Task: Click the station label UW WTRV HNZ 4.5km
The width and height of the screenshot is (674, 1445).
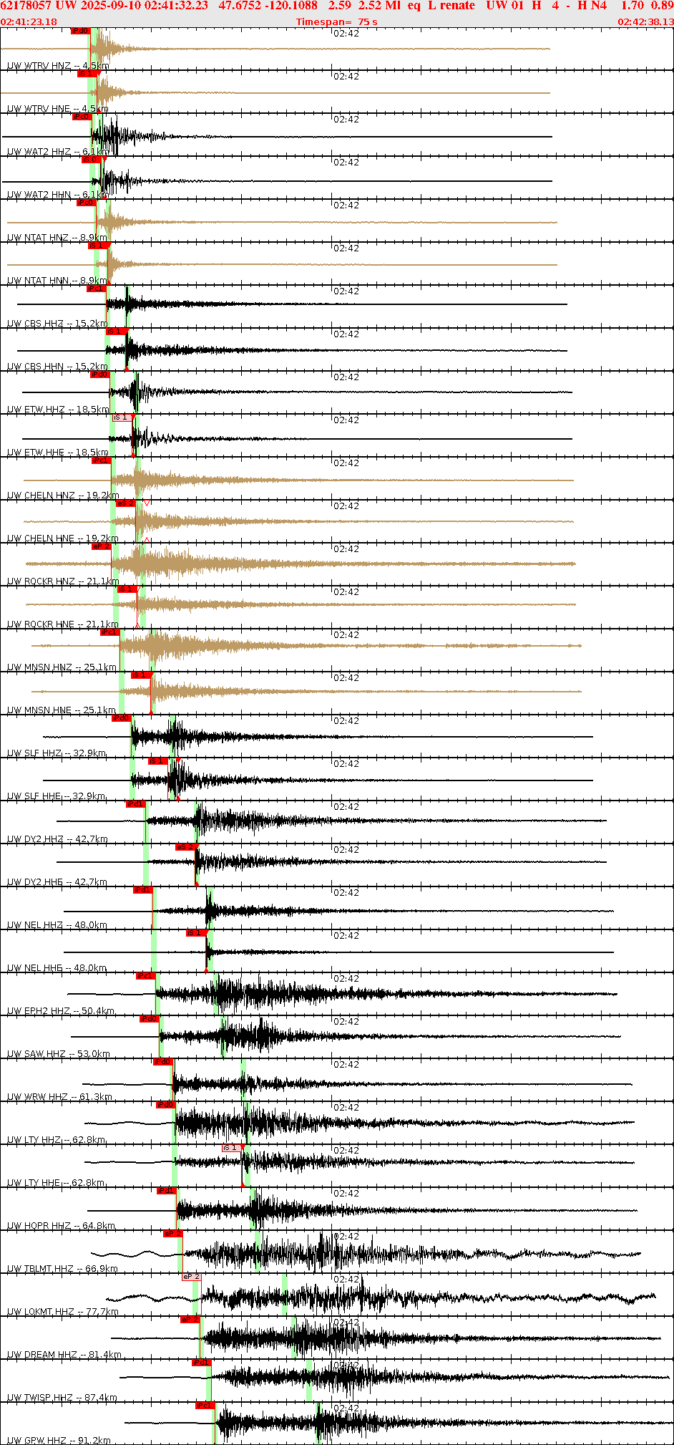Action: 58,66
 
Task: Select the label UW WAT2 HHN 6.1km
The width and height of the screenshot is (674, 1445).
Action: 58,195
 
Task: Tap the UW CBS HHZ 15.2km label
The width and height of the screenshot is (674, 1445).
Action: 57,324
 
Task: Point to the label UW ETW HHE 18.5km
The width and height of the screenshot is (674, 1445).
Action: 57,453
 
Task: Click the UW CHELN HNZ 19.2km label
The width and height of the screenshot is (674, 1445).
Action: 63,496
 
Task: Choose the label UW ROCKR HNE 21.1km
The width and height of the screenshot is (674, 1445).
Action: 63,624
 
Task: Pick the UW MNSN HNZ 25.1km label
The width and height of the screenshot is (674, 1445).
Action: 62,667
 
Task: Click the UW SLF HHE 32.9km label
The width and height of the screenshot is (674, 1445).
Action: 57,796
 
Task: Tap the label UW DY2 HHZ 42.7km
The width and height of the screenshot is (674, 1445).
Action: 57,839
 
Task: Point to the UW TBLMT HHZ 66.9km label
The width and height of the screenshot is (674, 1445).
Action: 62,1269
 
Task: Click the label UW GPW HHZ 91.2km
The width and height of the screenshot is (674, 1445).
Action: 59,1440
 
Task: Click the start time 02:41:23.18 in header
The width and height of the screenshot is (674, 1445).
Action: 29,21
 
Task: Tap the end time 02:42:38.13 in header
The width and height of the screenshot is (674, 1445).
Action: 645,21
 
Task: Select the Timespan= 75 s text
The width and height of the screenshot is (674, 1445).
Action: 336,21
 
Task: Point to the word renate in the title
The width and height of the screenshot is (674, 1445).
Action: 457,6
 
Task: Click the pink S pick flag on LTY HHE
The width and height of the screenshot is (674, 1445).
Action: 230,1148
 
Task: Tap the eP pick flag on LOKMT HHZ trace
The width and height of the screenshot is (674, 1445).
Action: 191,1277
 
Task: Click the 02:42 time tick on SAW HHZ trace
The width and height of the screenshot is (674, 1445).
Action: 346,1022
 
